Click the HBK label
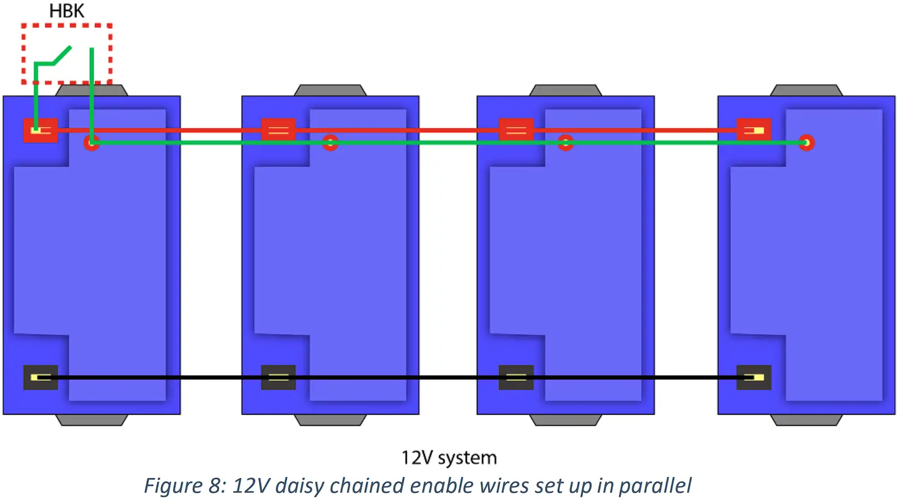67,11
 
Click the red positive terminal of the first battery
40,130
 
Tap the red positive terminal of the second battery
278,130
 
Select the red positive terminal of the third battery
516,130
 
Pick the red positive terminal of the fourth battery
754,130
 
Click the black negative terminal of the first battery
40,377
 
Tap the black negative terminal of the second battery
278,377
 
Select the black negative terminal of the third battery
516,377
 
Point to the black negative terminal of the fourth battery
754,377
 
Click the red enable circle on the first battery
92,142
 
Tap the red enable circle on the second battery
330,142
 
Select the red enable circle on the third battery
566,142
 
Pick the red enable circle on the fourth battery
806,142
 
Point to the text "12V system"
449,457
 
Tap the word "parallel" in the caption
655,485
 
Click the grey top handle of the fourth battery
806,90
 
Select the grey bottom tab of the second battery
330,420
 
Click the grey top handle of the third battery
566,90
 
